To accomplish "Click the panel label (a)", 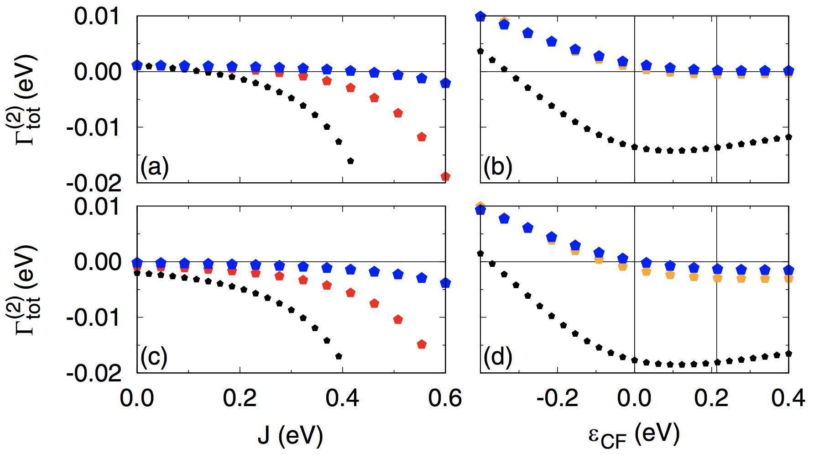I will tap(155, 168).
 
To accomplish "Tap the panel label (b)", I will tap(498, 168).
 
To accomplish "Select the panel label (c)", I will tap(154, 358).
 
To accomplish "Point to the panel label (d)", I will tap(498, 358).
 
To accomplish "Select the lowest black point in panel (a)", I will tap(351, 160).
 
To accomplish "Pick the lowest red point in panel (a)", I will tap(445, 176).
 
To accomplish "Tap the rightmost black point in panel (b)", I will tap(788, 137).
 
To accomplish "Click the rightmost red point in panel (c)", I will tap(422, 344).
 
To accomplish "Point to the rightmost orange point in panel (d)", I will tap(788, 278).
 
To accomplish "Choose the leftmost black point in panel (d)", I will tap(480, 253).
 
